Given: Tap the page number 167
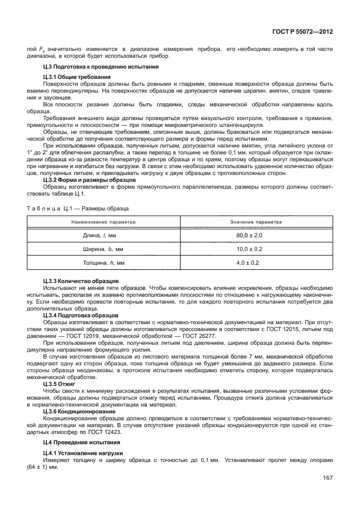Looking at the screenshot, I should tap(327, 478).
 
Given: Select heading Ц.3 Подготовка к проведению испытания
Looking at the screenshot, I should tap(90, 67).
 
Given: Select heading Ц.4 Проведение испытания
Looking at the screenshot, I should tap(78, 443).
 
